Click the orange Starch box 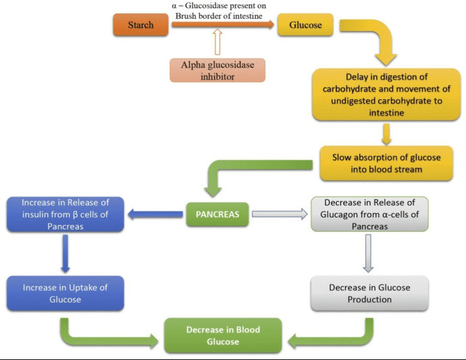tap(141, 25)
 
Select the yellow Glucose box tap(305, 25)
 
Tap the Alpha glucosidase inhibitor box tap(217, 70)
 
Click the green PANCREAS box tap(217, 215)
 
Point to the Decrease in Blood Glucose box tap(223, 335)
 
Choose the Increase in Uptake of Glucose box tap(66, 294)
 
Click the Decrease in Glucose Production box tap(369, 293)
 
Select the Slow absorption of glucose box tap(386, 163)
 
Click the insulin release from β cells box tap(66, 214)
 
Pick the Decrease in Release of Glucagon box tap(369, 214)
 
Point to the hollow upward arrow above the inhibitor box tap(217, 44)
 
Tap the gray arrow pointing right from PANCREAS tap(280, 215)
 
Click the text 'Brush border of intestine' tap(218, 14)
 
